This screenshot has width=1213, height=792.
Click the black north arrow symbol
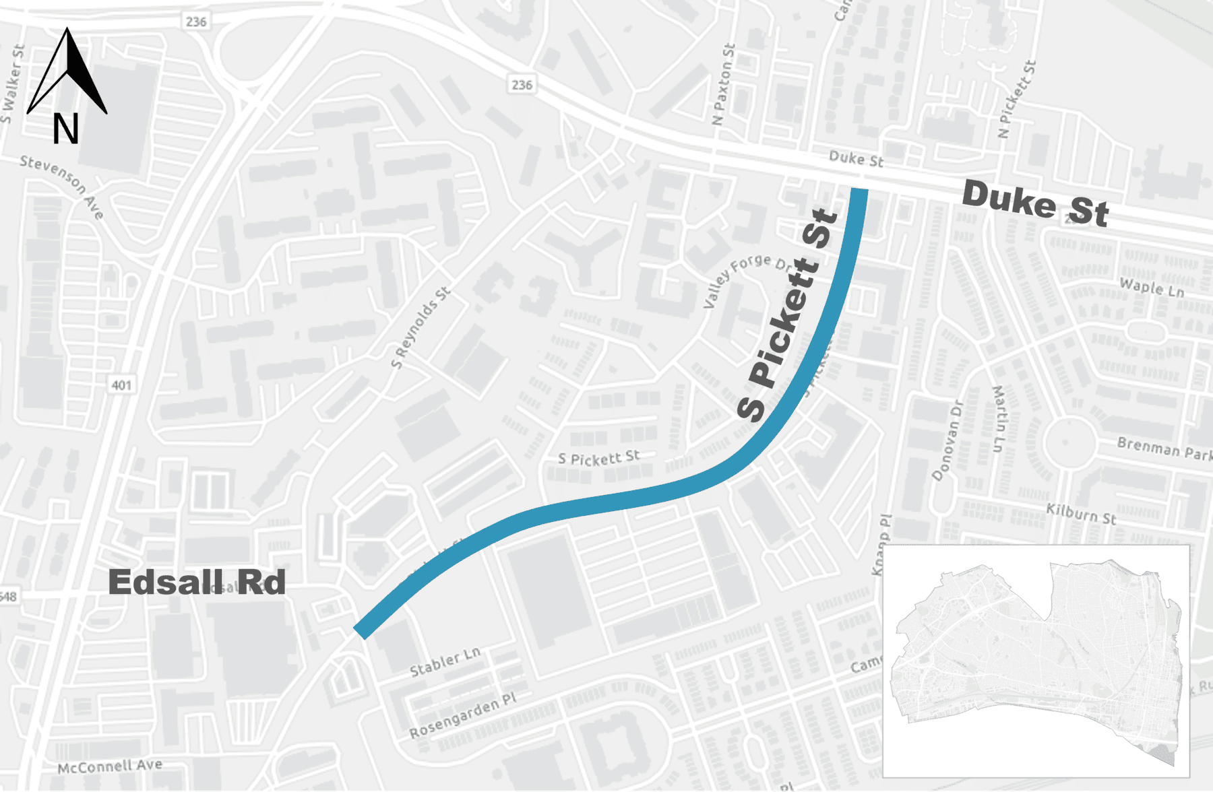pos(67,74)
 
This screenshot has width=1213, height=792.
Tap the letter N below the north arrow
pos(65,129)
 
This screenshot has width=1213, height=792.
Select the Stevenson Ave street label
pos(62,186)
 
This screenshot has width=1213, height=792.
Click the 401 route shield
pos(121,385)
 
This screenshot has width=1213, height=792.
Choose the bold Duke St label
pos(1035,203)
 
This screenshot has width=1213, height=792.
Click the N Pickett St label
pos(1017,100)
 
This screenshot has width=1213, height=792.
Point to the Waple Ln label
pos(1151,288)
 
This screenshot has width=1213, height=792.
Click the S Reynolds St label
pos(421,328)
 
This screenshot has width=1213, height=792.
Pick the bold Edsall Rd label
pos(197,583)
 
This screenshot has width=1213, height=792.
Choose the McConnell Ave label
pos(110,766)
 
